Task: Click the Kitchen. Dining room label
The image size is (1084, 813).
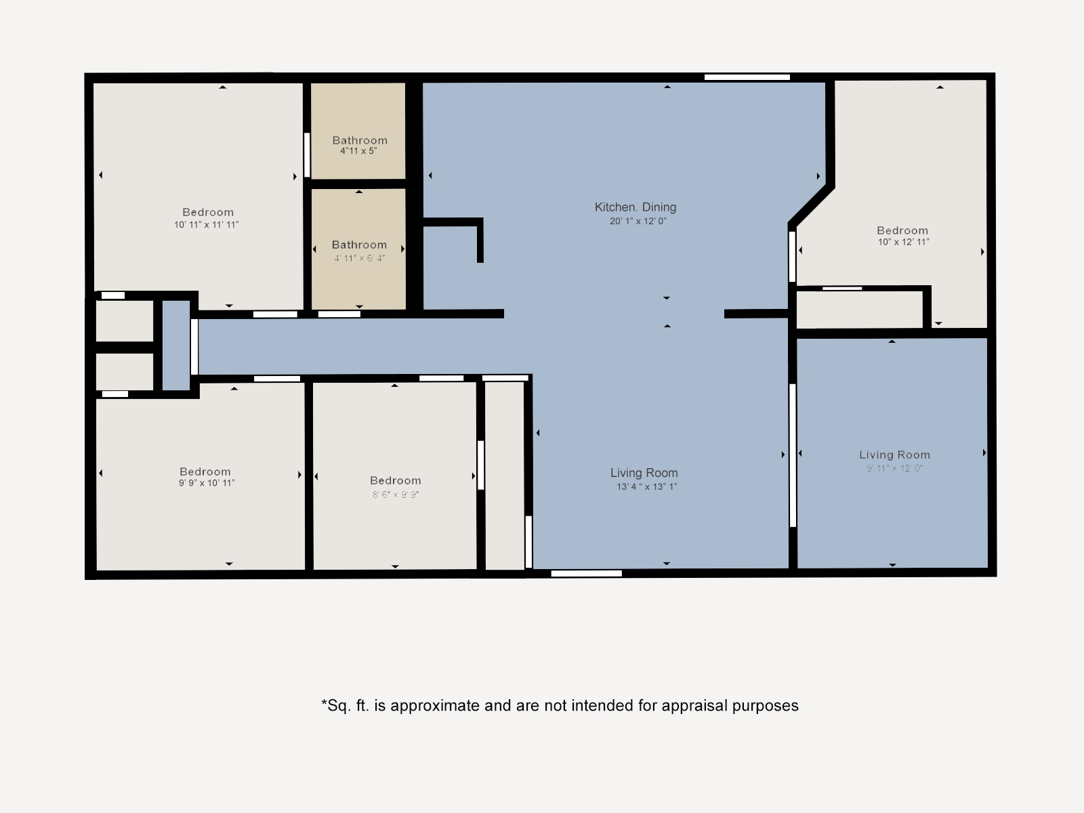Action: (x=635, y=207)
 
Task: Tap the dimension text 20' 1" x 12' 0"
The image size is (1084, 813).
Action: (x=638, y=221)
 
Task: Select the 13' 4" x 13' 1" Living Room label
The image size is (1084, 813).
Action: (x=644, y=473)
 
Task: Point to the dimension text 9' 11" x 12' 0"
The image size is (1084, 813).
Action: (x=894, y=468)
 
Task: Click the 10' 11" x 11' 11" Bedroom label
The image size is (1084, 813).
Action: (x=207, y=212)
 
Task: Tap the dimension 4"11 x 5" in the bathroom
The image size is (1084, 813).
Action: (x=358, y=151)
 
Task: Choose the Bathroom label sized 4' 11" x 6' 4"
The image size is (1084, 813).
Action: (x=359, y=245)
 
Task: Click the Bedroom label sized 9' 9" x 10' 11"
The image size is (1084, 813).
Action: (x=205, y=472)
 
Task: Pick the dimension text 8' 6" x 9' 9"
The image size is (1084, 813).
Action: (x=395, y=495)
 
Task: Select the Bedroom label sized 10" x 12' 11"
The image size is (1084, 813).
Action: (x=902, y=230)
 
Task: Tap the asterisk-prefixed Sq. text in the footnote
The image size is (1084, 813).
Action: (x=337, y=705)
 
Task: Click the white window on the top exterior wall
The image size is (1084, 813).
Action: (x=747, y=77)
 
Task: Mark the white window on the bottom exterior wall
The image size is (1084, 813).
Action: (x=586, y=574)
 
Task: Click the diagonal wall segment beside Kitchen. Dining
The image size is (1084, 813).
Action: (x=811, y=205)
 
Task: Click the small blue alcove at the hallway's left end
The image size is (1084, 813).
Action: (x=176, y=346)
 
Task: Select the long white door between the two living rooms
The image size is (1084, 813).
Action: (x=792, y=455)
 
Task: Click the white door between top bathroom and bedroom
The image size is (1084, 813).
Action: (x=307, y=154)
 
